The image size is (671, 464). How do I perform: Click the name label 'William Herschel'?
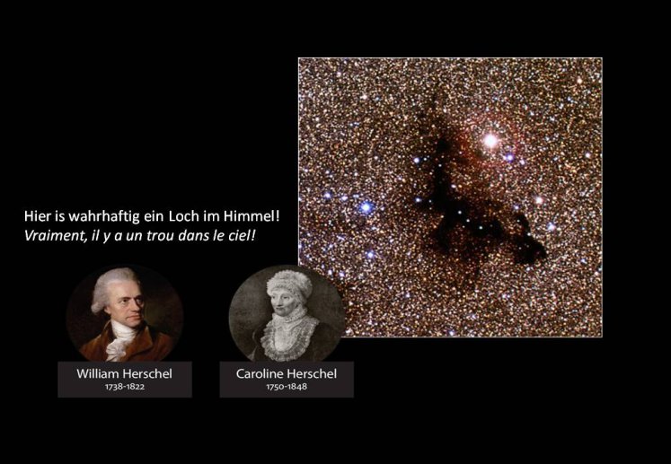(125, 373)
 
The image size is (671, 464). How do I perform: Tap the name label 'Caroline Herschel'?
(287, 373)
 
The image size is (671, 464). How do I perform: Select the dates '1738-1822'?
(125, 387)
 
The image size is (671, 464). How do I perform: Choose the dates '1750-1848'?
(287, 387)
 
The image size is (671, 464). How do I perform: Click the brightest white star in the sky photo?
(490, 140)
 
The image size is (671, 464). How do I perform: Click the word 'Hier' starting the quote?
(37, 216)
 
